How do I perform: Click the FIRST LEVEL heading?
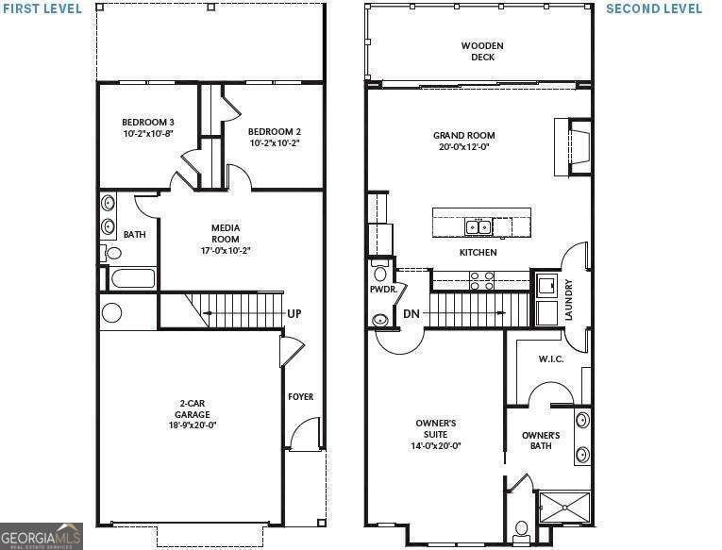coord(41,8)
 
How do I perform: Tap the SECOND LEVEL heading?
coord(653,8)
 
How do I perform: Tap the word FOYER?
coord(300,396)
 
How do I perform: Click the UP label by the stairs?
coord(294,314)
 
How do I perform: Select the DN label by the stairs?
coord(411,314)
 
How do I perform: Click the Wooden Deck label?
coord(482,51)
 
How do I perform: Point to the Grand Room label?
coord(464,141)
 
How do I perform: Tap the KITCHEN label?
coord(478,253)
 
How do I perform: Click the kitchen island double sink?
coord(479,226)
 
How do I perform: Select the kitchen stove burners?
coord(481,279)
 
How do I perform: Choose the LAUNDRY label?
coord(568,299)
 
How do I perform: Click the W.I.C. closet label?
coord(550,358)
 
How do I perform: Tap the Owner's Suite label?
coord(436,434)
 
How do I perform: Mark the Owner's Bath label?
coord(541,441)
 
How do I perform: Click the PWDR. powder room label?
coord(382,290)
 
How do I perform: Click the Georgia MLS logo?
coord(42,535)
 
